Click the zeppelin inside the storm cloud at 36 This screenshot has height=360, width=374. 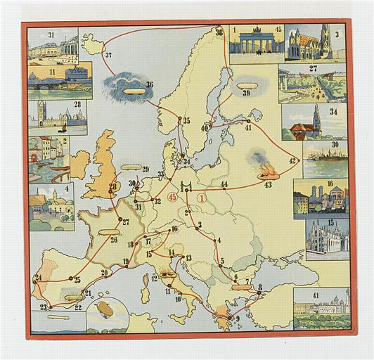[131, 89]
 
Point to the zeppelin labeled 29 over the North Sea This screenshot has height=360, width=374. [131, 169]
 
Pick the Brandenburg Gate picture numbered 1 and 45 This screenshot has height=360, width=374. [256, 44]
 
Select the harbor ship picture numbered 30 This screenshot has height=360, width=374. [324, 159]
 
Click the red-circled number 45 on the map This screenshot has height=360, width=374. [173, 197]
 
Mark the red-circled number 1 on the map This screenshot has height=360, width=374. [204, 198]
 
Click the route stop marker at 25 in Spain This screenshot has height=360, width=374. [71, 279]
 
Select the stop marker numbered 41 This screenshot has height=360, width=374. [247, 121]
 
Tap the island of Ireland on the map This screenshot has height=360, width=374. [75, 164]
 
